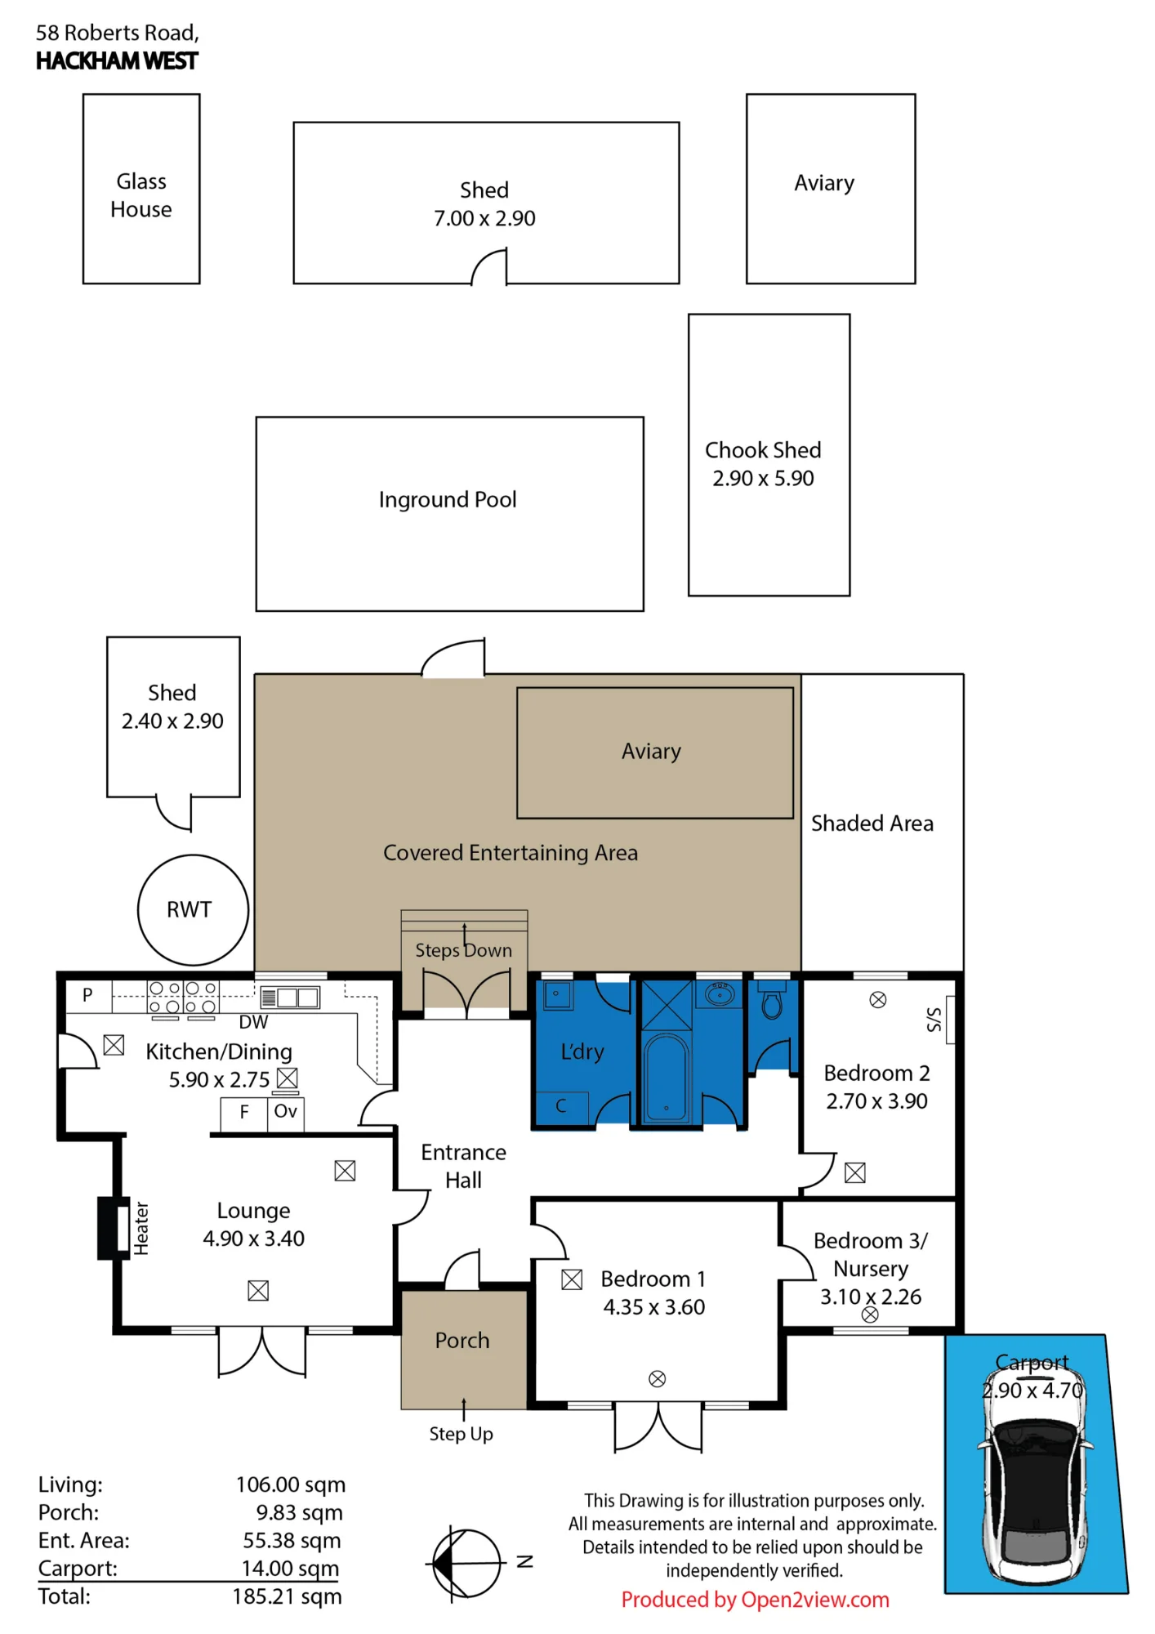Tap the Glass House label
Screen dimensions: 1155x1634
(x=141, y=195)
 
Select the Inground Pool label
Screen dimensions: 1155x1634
(x=448, y=499)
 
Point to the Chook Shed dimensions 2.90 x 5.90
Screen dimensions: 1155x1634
(x=763, y=478)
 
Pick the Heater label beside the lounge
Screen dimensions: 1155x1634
(x=141, y=1228)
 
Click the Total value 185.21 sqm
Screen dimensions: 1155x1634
(x=287, y=1596)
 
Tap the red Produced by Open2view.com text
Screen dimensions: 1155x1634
(x=755, y=1600)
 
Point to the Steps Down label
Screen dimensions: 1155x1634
(x=463, y=950)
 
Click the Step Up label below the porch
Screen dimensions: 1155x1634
(x=461, y=1434)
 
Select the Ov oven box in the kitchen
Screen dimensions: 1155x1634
(x=286, y=1114)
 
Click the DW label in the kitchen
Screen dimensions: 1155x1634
(x=253, y=1022)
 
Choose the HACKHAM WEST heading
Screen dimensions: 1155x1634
(x=117, y=61)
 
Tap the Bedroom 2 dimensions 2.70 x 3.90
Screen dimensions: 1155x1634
(x=876, y=1101)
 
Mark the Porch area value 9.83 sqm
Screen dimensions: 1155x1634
(x=299, y=1513)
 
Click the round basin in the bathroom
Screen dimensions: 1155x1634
(x=720, y=995)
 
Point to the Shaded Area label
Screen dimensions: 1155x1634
(x=872, y=824)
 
